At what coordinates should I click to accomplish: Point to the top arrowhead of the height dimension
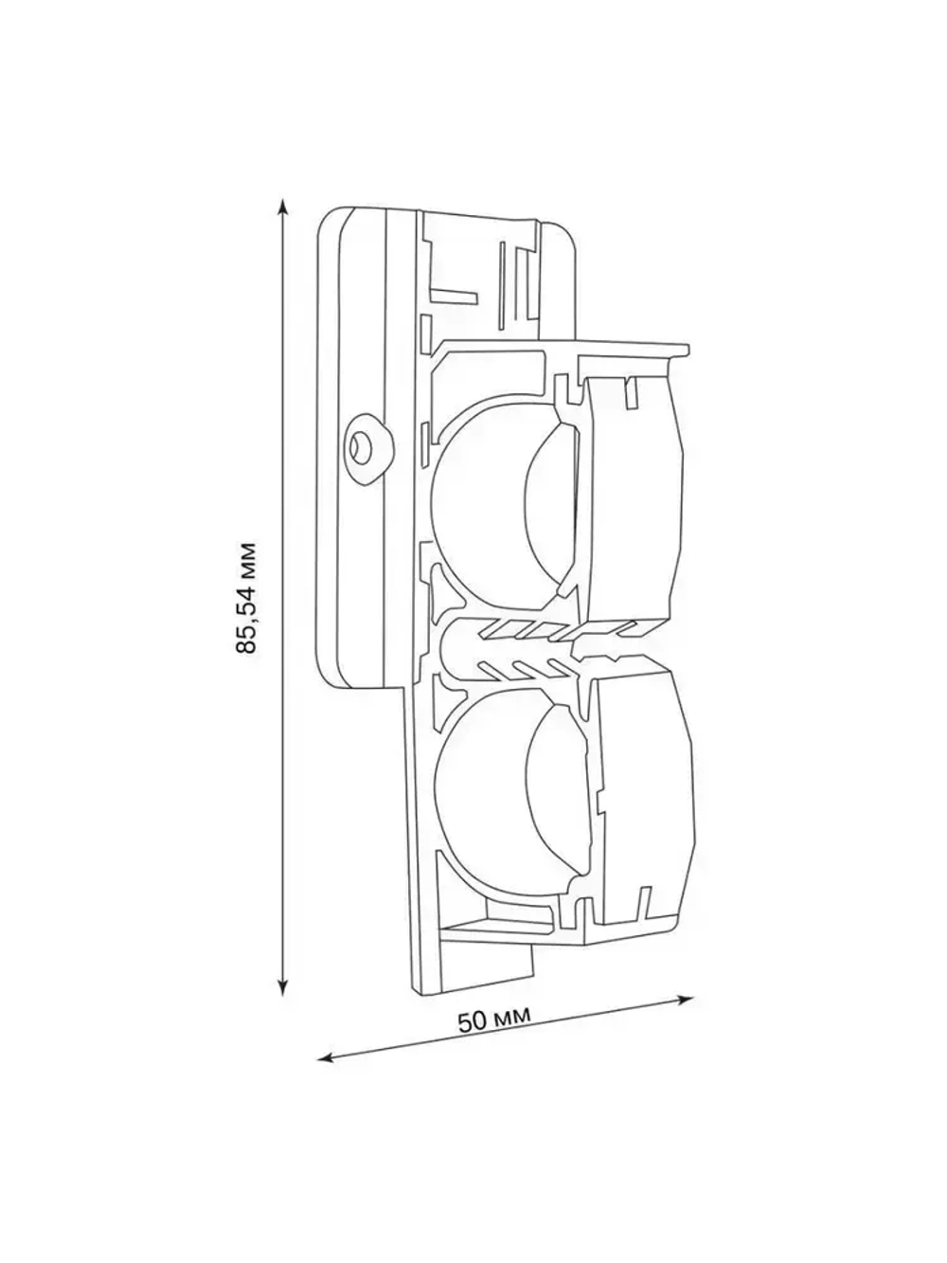click(x=282, y=204)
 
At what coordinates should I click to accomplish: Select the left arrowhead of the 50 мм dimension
click(x=323, y=1057)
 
